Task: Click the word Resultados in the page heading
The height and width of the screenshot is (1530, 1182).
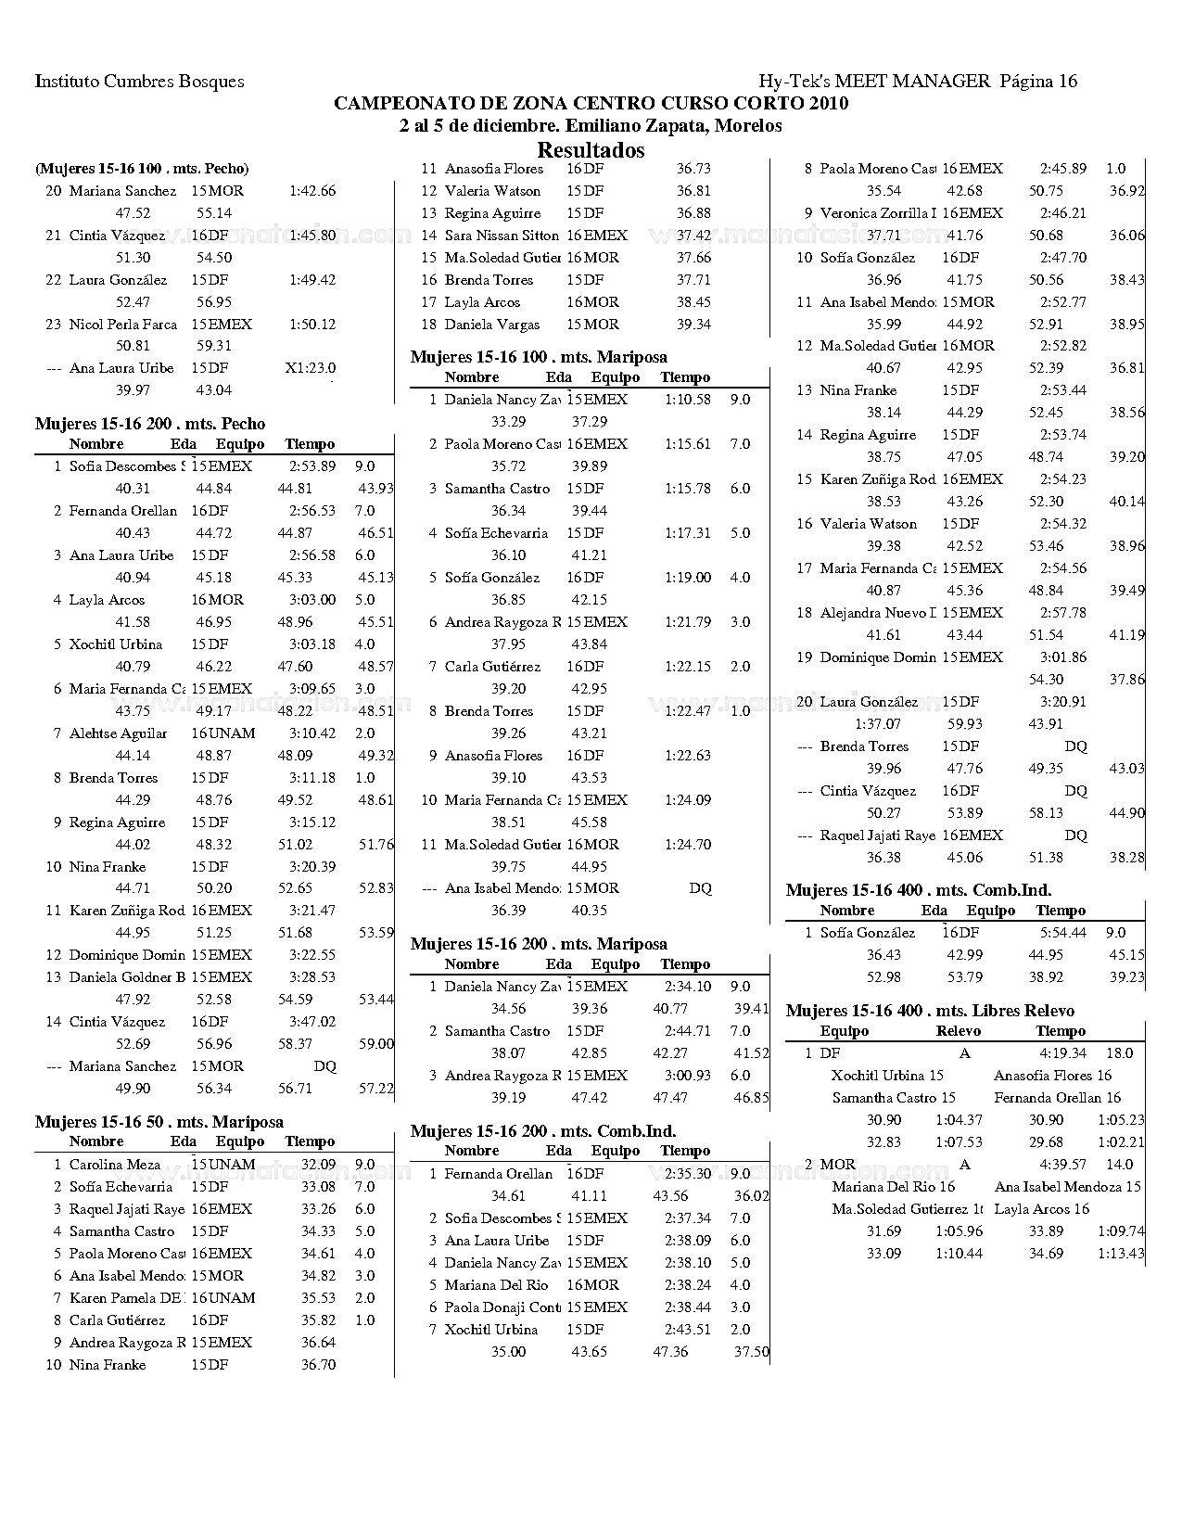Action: (591, 150)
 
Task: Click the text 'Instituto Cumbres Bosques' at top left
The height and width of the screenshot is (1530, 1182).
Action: (140, 82)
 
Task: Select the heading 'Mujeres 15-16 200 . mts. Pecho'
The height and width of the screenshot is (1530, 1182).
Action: (150, 424)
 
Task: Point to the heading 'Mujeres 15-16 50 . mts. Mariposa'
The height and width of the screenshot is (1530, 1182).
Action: (159, 1122)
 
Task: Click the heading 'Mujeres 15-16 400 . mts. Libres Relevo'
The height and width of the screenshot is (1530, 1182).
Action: (930, 1011)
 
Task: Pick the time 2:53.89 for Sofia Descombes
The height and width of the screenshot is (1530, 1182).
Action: (312, 466)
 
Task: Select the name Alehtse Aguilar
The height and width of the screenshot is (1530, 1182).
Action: (119, 733)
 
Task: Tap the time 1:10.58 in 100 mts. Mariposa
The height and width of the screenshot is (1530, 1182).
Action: (688, 400)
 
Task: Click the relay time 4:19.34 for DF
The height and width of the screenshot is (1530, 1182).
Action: (1062, 1053)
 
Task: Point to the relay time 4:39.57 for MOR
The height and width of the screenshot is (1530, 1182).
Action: (1062, 1165)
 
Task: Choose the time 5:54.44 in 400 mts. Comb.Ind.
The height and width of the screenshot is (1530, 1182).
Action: (1062, 933)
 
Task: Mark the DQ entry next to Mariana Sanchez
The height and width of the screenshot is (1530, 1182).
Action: (324, 1066)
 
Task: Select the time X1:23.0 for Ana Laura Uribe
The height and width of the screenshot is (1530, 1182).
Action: (311, 368)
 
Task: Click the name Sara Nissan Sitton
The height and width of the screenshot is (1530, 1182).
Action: (502, 236)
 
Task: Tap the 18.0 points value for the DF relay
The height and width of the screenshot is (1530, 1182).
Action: (1120, 1053)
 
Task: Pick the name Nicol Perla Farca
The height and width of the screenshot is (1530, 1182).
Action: (123, 325)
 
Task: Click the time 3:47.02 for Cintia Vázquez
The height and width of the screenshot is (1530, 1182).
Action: (312, 1022)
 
